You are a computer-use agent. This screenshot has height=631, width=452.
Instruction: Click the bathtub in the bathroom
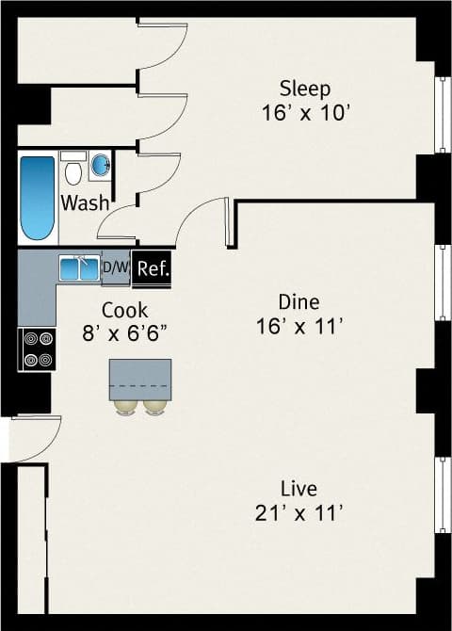(x=38, y=198)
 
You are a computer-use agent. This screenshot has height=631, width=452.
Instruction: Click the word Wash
(x=85, y=202)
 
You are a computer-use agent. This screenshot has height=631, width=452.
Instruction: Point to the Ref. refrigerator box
(x=153, y=268)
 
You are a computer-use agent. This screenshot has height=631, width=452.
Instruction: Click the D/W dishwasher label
(x=115, y=267)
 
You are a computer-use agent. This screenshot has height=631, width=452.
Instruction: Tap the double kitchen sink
(x=79, y=268)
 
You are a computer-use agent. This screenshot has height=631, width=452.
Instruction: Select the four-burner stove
(x=38, y=348)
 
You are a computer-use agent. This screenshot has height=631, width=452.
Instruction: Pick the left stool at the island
(x=125, y=407)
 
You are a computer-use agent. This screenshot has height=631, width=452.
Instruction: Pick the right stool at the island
(x=154, y=407)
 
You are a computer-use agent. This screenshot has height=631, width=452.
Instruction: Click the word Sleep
(x=305, y=89)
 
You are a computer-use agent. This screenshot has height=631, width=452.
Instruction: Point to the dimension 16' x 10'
(x=305, y=112)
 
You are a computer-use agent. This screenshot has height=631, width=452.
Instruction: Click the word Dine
(x=299, y=301)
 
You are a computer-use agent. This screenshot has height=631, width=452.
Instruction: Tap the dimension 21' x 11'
(x=299, y=513)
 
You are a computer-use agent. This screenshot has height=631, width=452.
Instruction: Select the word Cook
(x=124, y=309)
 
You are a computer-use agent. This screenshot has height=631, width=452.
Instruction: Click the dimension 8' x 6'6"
(x=124, y=332)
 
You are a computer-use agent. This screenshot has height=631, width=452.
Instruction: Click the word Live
(x=299, y=489)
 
